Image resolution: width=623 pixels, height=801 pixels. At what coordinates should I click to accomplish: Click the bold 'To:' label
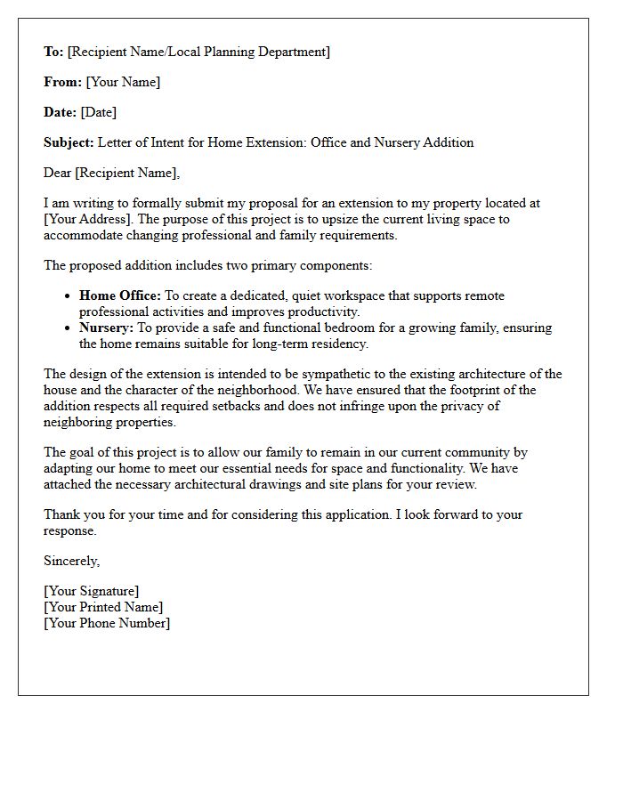tap(53, 52)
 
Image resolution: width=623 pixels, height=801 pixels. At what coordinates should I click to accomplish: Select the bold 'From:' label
tap(62, 82)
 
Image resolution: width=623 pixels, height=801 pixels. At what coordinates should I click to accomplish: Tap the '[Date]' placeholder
tap(98, 112)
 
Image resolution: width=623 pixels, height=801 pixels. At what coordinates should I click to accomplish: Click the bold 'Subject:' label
tap(69, 142)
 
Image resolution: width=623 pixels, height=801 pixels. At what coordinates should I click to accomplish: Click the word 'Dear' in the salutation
tap(58, 173)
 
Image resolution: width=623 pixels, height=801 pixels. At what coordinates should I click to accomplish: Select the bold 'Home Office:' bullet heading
tap(120, 295)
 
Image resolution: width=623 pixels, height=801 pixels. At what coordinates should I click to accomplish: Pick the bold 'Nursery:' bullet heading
tap(106, 328)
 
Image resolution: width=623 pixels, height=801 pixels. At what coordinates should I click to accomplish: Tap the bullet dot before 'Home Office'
tap(69, 296)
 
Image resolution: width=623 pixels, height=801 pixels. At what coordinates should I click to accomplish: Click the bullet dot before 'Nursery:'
tap(69, 328)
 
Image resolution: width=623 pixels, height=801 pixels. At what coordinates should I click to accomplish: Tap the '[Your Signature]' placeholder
tap(91, 591)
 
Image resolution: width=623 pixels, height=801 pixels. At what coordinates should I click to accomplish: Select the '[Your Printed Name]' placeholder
tap(103, 607)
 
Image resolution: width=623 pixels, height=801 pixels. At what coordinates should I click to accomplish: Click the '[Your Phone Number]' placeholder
tap(107, 623)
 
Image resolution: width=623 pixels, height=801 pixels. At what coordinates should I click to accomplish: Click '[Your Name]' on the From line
tap(123, 82)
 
